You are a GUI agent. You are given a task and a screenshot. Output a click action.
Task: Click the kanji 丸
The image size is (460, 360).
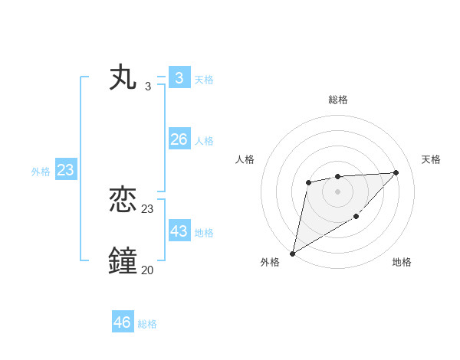click(x=123, y=78)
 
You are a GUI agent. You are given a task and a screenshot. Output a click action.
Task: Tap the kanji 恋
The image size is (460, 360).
click(x=123, y=201)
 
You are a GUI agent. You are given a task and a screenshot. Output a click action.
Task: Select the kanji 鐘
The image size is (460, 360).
click(x=123, y=261)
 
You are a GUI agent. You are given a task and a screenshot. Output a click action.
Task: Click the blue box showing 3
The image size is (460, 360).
click(x=179, y=78)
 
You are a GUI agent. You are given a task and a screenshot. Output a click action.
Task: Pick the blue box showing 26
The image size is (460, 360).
click(x=179, y=139)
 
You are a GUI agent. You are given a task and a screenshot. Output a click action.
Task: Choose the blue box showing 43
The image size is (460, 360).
click(x=179, y=231)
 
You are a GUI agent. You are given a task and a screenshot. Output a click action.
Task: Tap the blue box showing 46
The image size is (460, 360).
click(x=123, y=322)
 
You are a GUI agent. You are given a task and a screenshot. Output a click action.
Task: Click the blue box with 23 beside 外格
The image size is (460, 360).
click(x=65, y=170)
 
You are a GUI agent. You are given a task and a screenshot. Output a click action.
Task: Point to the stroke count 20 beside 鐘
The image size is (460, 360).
click(x=147, y=270)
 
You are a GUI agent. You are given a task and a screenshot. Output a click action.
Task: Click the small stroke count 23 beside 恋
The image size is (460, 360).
click(x=147, y=208)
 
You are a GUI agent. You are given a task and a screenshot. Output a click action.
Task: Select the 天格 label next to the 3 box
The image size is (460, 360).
click(x=204, y=80)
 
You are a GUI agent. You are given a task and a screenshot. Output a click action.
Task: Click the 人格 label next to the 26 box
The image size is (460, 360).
click(x=204, y=141)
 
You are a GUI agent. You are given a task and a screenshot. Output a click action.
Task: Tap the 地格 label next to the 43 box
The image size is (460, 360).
click(x=204, y=233)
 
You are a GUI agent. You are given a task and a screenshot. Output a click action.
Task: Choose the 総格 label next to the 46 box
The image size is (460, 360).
click(x=147, y=324)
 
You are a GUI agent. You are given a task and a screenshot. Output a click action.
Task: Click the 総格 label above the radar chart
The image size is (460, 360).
click(x=337, y=100)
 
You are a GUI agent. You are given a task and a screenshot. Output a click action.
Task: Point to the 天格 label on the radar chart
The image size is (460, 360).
click(x=431, y=159)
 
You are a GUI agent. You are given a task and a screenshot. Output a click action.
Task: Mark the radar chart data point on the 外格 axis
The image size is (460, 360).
click(x=292, y=254)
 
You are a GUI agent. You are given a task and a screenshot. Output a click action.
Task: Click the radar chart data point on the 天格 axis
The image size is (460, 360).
click(x=396, y=172)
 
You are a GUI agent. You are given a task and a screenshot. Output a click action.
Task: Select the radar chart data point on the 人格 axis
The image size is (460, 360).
click(x=308, y=182)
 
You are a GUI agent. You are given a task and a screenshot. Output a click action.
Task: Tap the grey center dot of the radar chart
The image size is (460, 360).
click(x=337, y=191)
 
